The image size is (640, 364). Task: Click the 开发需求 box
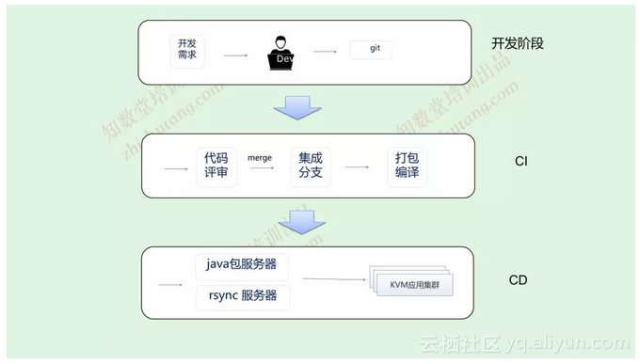coord(187,49)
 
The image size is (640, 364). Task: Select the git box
coord(372,49)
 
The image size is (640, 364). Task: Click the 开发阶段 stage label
coord(518,43)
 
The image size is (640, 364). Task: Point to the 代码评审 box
coord(216,166)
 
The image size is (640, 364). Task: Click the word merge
coord(260,157)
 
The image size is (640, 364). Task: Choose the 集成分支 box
coord(311,166)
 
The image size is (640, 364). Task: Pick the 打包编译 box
coord(407,166)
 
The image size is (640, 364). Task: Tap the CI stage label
coord(520,162)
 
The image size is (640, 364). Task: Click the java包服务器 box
coord(243,264)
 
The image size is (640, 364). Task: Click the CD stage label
coord(518,280)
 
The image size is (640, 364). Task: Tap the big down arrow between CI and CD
coord(301,223)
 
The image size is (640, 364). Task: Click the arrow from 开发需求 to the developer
coord(235,55)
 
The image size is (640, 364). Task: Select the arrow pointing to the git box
coord(325,52)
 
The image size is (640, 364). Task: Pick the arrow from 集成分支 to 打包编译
coord(357,167)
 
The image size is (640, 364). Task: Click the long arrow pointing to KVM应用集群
coord(334,278)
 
